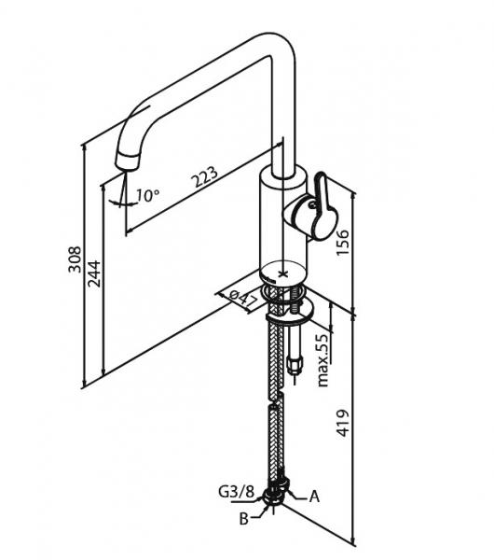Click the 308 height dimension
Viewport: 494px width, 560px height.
[75, 259]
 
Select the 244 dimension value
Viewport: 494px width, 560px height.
[94, 274]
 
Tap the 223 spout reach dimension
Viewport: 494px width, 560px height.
[205, 176]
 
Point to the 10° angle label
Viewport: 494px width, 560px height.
[147, 195]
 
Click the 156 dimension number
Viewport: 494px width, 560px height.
[342, 243]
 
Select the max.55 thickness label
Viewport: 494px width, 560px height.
[323, 360]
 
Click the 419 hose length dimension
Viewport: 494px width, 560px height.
[343, 423]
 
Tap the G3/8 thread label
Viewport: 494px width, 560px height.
[236, 492]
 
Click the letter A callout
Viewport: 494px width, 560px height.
[314, 497]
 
